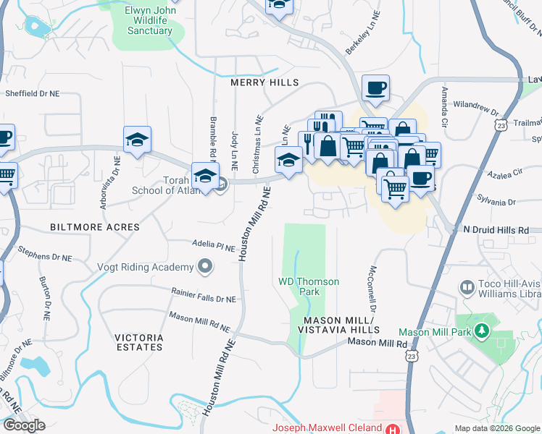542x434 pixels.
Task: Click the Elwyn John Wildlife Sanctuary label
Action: tap(150, 20)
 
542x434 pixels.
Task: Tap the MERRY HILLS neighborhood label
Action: tap(264, 82)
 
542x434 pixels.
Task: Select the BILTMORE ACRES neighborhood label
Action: tap(95, 227)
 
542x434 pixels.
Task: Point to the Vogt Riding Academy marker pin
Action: tap(206, 268)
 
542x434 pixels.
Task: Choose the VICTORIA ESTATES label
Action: tap(138, 342)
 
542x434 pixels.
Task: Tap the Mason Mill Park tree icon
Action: tap(481, 332)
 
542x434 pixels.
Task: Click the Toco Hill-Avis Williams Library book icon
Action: tap(467, 289)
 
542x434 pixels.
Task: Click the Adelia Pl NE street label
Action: tap(214, 246)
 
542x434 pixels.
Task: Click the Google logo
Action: tap(24, 425)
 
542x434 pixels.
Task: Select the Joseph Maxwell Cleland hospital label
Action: tap(327, 427)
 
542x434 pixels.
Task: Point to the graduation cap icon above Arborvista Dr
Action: tap(136, 140)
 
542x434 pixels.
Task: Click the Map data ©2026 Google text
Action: tap(497, 428)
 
